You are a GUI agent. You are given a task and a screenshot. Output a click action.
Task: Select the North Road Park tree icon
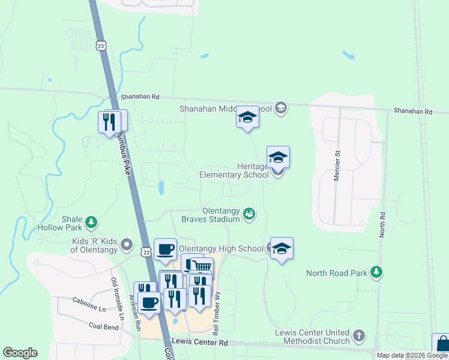[x=376, y=273]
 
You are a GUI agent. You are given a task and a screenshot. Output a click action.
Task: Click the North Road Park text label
[x=336, y=273]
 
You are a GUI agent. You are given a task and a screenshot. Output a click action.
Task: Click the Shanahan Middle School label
[x=226, y=109]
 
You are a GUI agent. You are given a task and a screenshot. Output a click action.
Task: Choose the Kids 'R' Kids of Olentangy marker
[x=127, y=244]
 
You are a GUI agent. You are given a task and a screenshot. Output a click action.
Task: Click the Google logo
[x=20, y=353]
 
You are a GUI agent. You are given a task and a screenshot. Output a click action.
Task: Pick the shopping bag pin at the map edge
[x=442, y=344]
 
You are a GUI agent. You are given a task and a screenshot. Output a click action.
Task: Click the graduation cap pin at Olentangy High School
[x=281, y=248]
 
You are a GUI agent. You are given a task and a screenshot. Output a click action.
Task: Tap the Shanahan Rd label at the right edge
[x=412, y=112]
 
